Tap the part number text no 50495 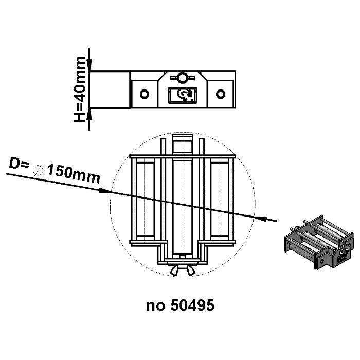(x=180, y=305)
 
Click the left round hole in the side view (x=145, y=94)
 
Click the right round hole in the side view (x=221, y=94)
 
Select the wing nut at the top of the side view (x=182, y=78)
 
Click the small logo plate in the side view (x=182, y=95)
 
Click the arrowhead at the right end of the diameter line (x=263, y=218)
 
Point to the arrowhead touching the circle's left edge (x=105, y=191)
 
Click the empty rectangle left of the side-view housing (x=110, y=88)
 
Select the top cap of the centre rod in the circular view (x=183, y=138)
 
